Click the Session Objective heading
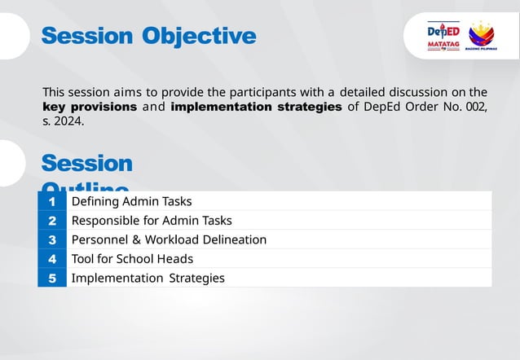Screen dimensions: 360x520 (x=148, y=37)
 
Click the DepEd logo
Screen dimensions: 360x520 (x=443, y=31)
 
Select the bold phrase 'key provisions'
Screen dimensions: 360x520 (x=90, y=107)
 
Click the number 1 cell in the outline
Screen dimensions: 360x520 (x=51, y=201)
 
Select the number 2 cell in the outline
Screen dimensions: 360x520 (x=51, y=221)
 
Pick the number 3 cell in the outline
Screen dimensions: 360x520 (x=51, y=239)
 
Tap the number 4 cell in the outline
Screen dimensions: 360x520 (x=51, y=259)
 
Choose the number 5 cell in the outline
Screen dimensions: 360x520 (x=51, y=278)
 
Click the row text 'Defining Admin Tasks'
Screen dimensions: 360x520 (x=131, y=201)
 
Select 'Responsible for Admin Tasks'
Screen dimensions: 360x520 (x=152, y=221)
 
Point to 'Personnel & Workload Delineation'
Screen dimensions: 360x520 (x=169, y=239)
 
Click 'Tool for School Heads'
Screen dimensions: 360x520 (x=132, y=259)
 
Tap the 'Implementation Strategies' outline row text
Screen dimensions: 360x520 (x=148, y=278)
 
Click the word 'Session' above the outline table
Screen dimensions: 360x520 (x=86, y=164)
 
